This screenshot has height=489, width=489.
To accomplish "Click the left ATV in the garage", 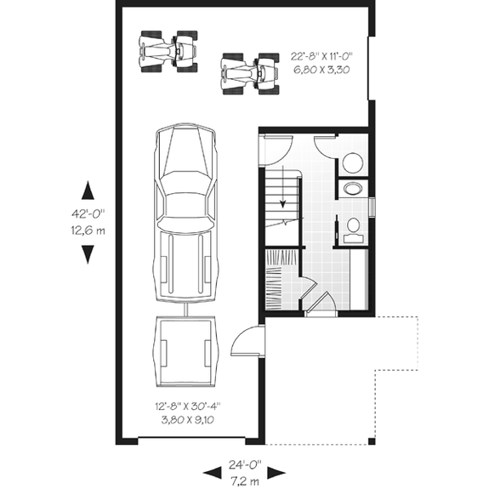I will [168, 52].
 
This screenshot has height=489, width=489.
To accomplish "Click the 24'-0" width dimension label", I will [245, 466].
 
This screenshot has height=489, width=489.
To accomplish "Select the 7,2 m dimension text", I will [245, 480].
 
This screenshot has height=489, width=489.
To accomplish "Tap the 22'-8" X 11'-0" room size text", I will [326, 55].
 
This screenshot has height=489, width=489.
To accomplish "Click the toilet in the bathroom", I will [354, 226].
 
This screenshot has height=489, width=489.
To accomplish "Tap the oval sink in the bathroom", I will [351, 190].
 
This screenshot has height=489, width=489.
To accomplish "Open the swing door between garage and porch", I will [247, 344].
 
